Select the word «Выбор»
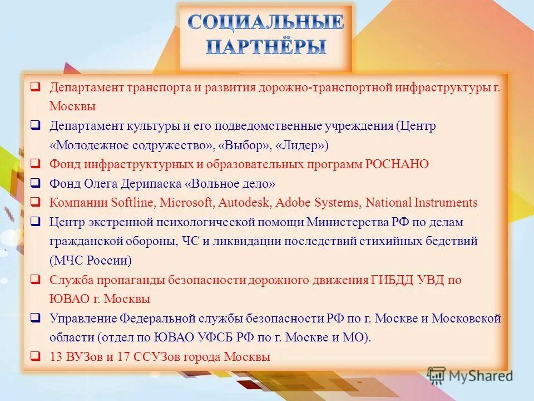245,145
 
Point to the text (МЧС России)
90,261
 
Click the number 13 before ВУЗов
56,357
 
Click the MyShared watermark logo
470,375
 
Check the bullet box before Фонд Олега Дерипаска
35,183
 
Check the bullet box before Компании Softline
35,202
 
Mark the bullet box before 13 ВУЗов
35,356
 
